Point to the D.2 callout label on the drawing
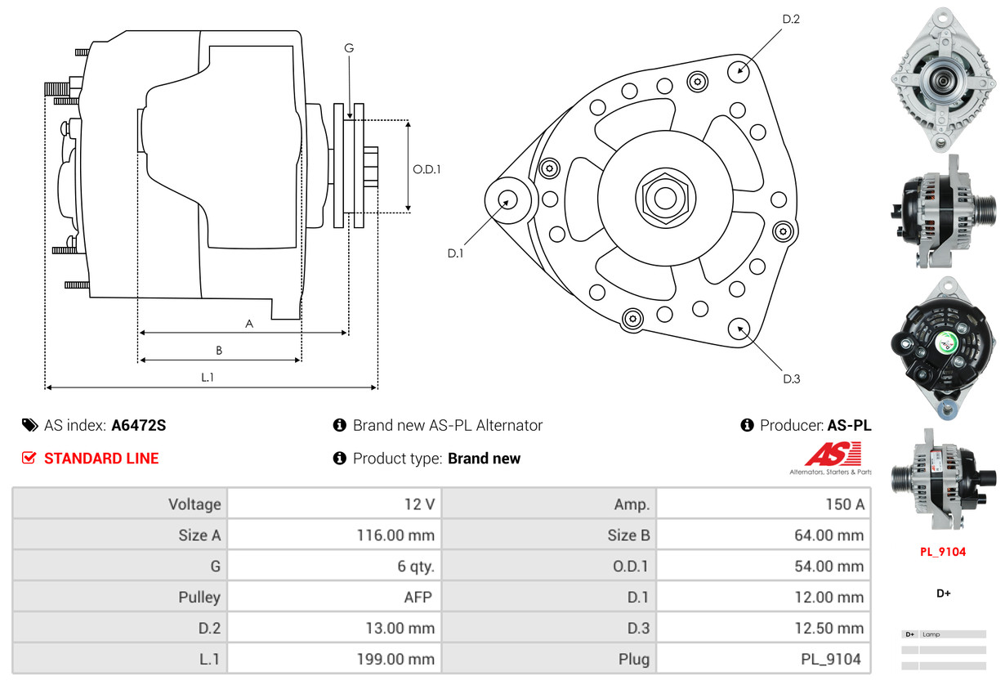(790, 19)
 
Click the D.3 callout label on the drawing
(791, 378)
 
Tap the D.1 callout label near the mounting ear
(455, 253)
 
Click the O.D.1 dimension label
(427, 170)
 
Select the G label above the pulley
(349, 48)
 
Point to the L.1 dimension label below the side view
(208, 377)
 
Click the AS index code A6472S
(138, 425)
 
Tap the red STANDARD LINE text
(101, 459)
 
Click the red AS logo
(833, 454)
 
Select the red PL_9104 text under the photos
(943, 552)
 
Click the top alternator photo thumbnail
(943, 79)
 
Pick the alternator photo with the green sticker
(943, 347)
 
